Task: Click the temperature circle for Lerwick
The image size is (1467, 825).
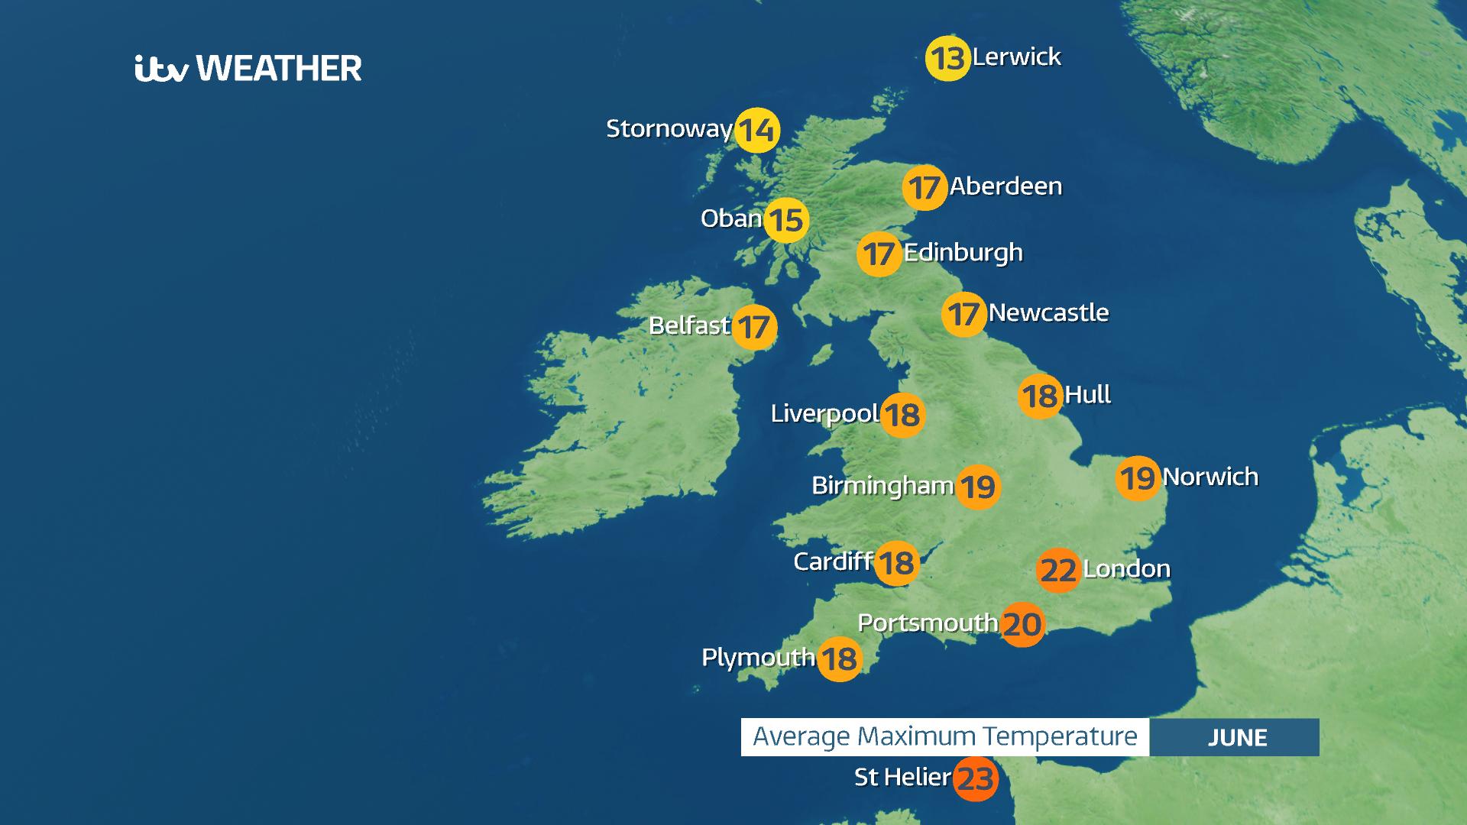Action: (x=947, y=59)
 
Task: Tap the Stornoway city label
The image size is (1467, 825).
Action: (x=669, y=128)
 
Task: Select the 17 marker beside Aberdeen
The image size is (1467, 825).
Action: (x=924, y=187)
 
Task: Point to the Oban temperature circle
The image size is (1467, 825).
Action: (x=786, y=220)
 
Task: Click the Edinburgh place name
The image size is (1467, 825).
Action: (x=963, y=253)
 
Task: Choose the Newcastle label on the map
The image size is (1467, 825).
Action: (x=1048, y=312)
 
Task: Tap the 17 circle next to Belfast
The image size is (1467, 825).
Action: (x=754, y=328)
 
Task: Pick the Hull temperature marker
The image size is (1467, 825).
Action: (x=1040, y=396)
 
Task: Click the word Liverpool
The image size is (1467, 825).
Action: (x=824, y=414)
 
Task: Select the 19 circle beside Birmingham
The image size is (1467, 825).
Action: (x=977, y=487)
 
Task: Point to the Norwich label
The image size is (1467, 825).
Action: (x=1210, y=477)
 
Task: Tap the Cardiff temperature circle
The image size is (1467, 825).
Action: (x=895, y=564)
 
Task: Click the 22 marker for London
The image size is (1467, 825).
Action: (x=1058, y=570)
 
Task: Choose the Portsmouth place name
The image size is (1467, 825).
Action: (x=928, y=623)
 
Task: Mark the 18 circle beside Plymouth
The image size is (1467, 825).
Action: (x=839, y=659)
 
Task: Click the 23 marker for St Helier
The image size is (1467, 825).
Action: (x=976, y=779)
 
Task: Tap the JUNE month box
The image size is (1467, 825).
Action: (x=1236, y=737)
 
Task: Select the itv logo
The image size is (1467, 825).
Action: (x=161, y=69)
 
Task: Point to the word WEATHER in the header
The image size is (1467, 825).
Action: (x=280, y=69)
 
